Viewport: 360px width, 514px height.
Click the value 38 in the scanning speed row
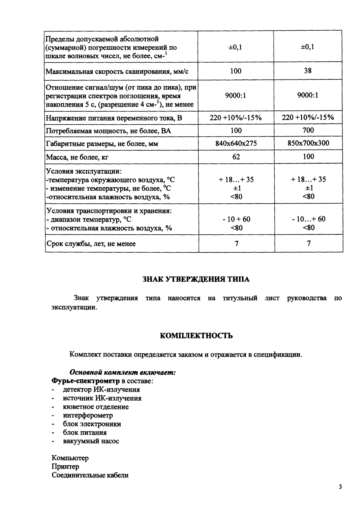click(308, 71)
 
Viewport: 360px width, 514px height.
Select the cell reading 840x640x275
click(236, 143)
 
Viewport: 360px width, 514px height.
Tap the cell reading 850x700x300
click(308, 143)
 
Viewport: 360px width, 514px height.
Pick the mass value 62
click(236, 157)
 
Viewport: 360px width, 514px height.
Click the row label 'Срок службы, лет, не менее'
click(91, 244)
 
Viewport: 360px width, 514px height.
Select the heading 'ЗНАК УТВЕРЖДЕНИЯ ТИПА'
click(196, 279)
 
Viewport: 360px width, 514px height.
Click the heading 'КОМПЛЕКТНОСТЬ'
click(196, 336)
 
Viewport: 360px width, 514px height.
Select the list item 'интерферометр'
click(88, 415)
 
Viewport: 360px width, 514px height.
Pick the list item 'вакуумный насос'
click(91, 441)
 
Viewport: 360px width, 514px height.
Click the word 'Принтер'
click(65, 467)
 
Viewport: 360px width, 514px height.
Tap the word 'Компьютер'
click(70, 458)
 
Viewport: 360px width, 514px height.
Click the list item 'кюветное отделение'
click(96, 407)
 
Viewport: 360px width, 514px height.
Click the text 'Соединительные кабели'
click(90, 475)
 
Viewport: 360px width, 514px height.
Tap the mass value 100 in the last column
click(308, 157)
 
